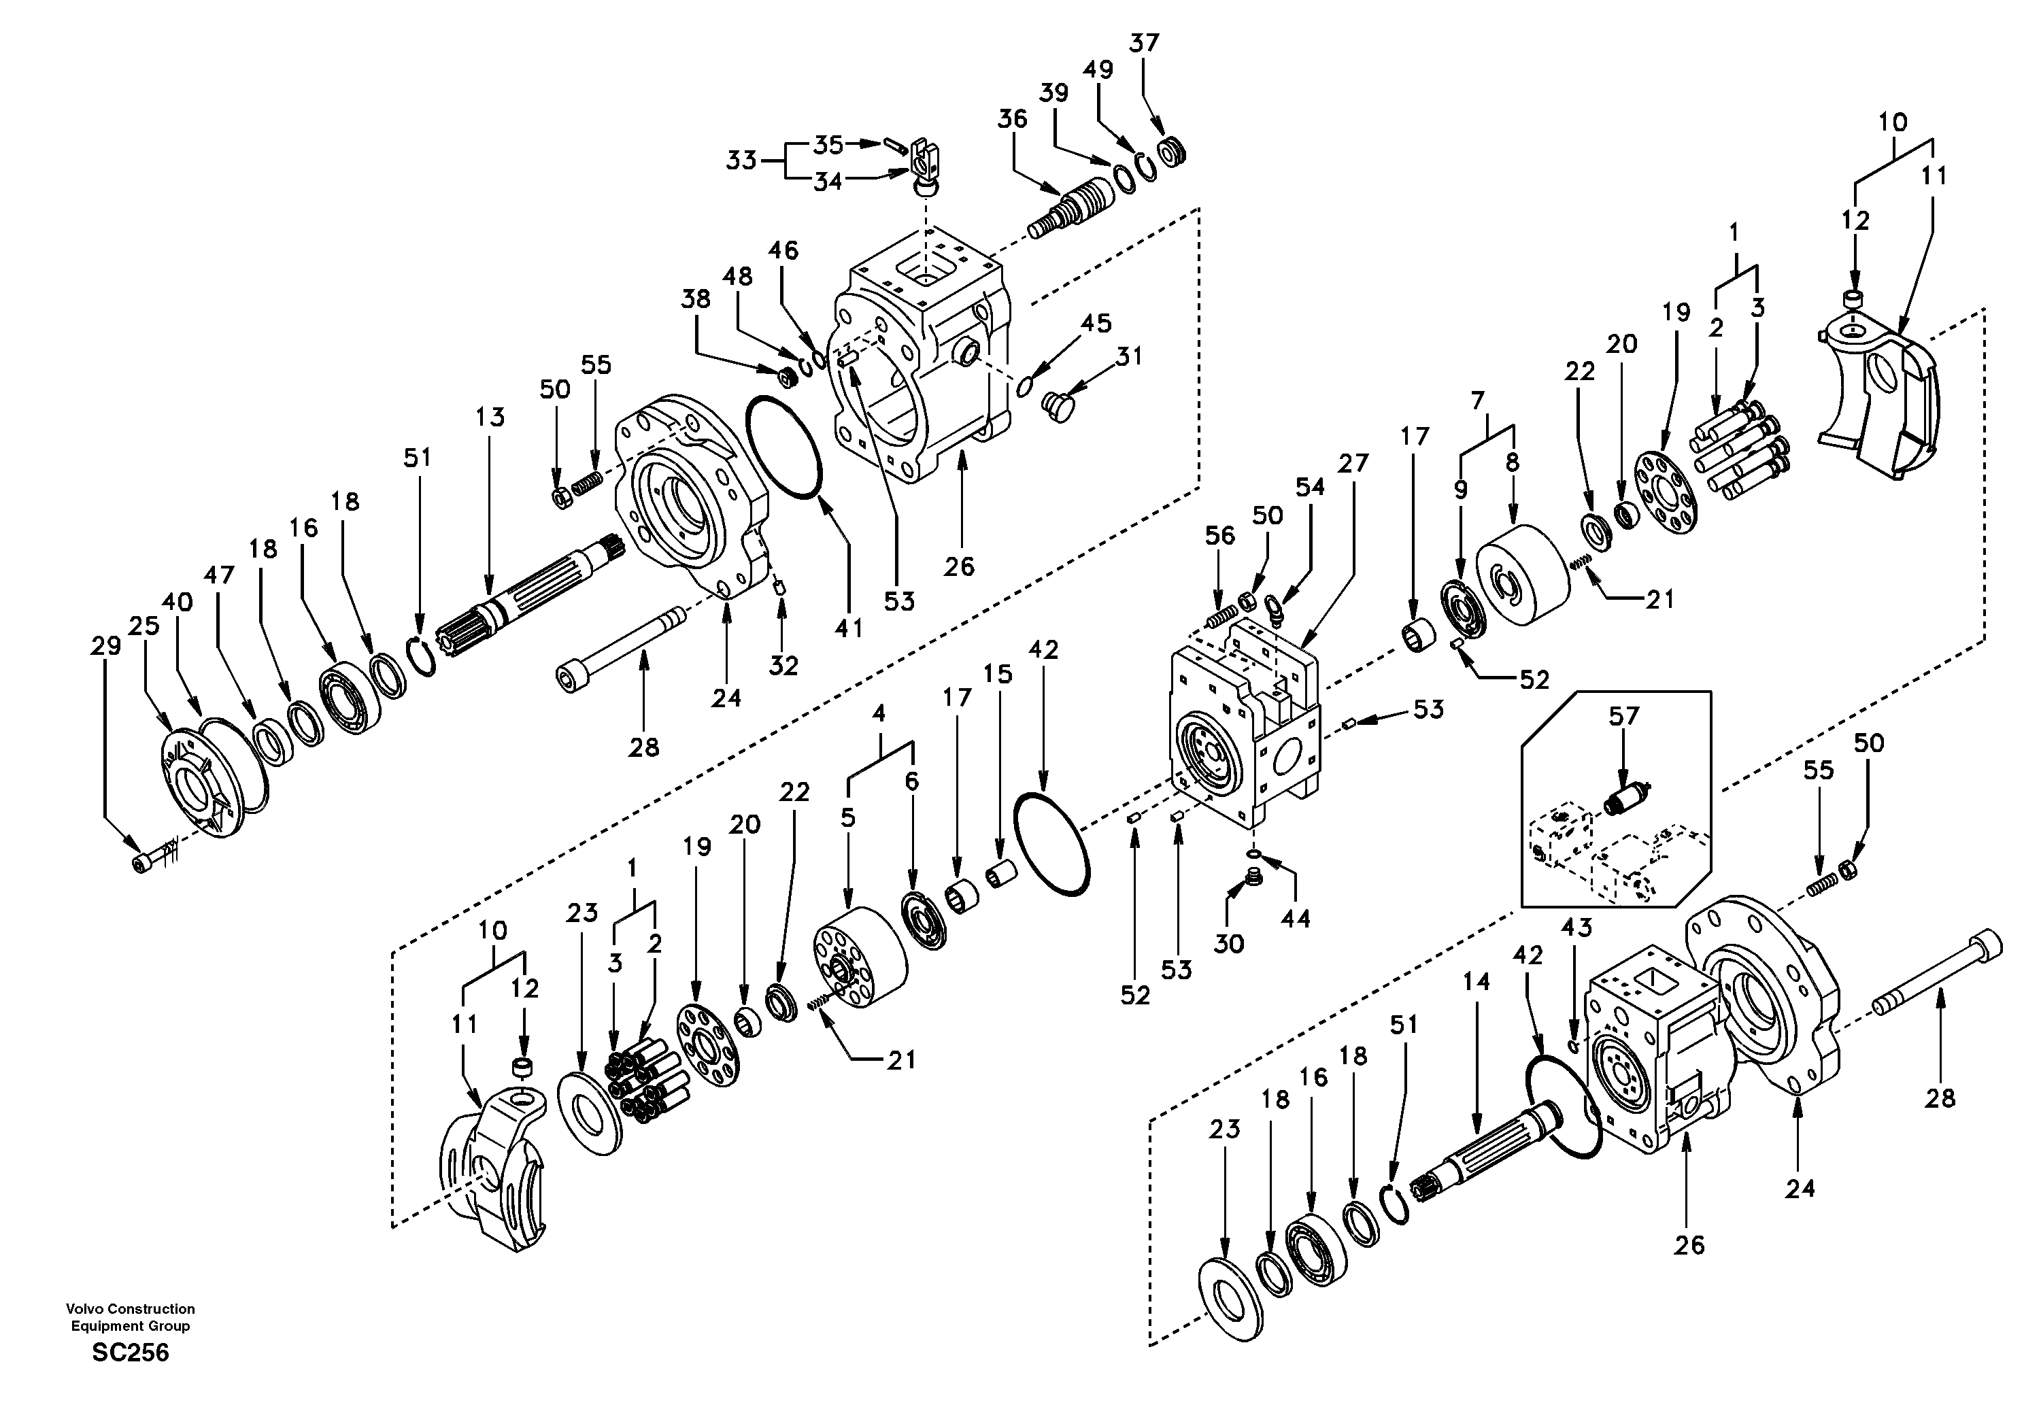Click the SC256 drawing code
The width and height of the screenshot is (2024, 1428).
pos(131,1353)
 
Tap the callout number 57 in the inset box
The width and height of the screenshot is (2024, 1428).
pos(1624,716)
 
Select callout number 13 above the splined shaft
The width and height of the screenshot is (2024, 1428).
pos(490,417)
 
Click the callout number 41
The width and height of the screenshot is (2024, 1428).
pos(849,628)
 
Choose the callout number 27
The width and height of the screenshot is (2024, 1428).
pos(1353,463)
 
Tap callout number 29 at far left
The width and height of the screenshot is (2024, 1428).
pos(106,646)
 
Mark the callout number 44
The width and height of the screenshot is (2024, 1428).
pos(1296,919)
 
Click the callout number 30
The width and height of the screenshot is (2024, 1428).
pos(1229,943)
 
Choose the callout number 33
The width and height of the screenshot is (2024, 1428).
pos(741,160)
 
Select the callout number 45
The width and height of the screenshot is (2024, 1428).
pos(1096,324)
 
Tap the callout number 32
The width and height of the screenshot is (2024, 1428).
pos(783,666)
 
